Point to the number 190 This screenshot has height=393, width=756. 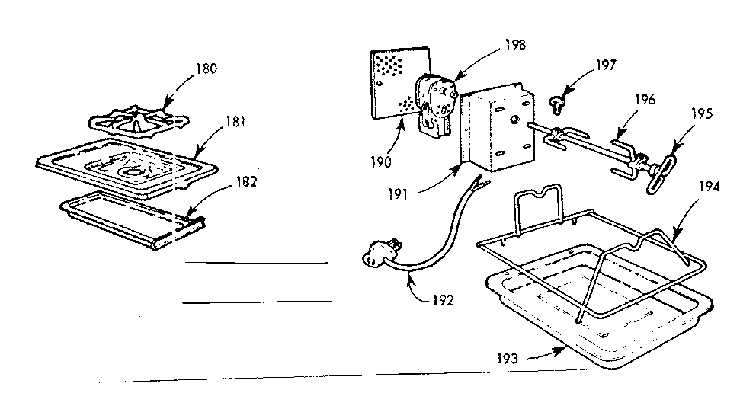[x=383, y=162]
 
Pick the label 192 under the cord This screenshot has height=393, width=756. [x=441, y=299]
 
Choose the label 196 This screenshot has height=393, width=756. [x=642, y=99]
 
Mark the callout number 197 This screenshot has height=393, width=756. [x=607, y=65]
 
